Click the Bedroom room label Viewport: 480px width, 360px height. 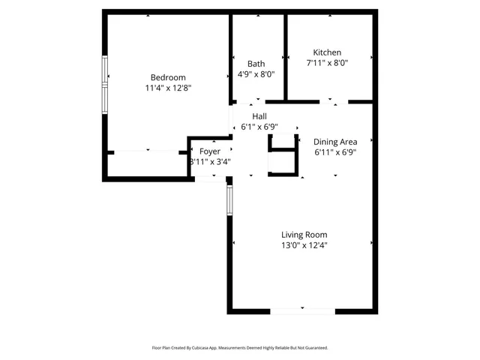168,77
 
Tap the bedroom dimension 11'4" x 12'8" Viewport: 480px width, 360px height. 168,88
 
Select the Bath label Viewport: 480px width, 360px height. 256,64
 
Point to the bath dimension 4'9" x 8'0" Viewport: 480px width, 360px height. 256,74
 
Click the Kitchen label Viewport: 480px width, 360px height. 327,52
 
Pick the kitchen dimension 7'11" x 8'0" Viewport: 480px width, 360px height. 327,63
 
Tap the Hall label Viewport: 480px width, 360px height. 259,116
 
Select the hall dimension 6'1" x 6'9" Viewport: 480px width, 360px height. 259,127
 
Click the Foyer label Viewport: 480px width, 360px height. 210,151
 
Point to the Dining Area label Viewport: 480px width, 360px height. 334,141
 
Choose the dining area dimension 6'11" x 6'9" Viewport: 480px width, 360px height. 334,152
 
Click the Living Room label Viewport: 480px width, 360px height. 304,235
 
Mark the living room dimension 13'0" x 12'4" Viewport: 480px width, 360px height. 304,245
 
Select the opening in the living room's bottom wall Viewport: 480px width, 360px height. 302,310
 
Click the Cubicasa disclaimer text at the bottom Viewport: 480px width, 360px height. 240,348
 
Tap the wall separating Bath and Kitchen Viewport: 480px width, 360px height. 286,56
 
